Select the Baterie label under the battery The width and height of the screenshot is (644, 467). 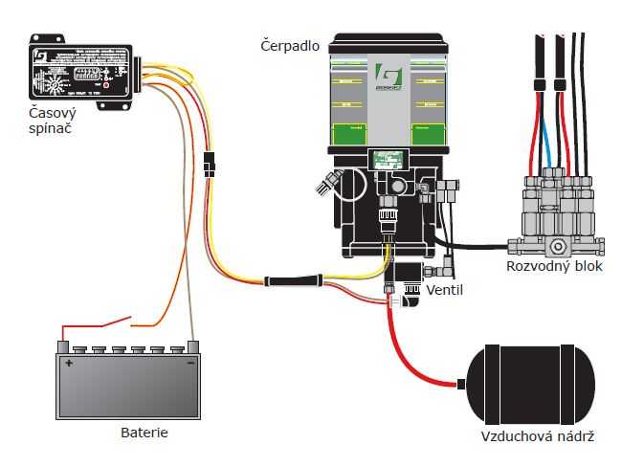(144, 433)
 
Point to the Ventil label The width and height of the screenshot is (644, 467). (445, 289)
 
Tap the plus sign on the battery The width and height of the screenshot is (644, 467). (69, 364)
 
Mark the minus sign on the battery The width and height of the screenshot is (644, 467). (190, 364)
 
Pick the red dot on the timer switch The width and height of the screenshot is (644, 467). (106, 84)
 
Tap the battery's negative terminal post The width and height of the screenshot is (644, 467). (192, 345)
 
